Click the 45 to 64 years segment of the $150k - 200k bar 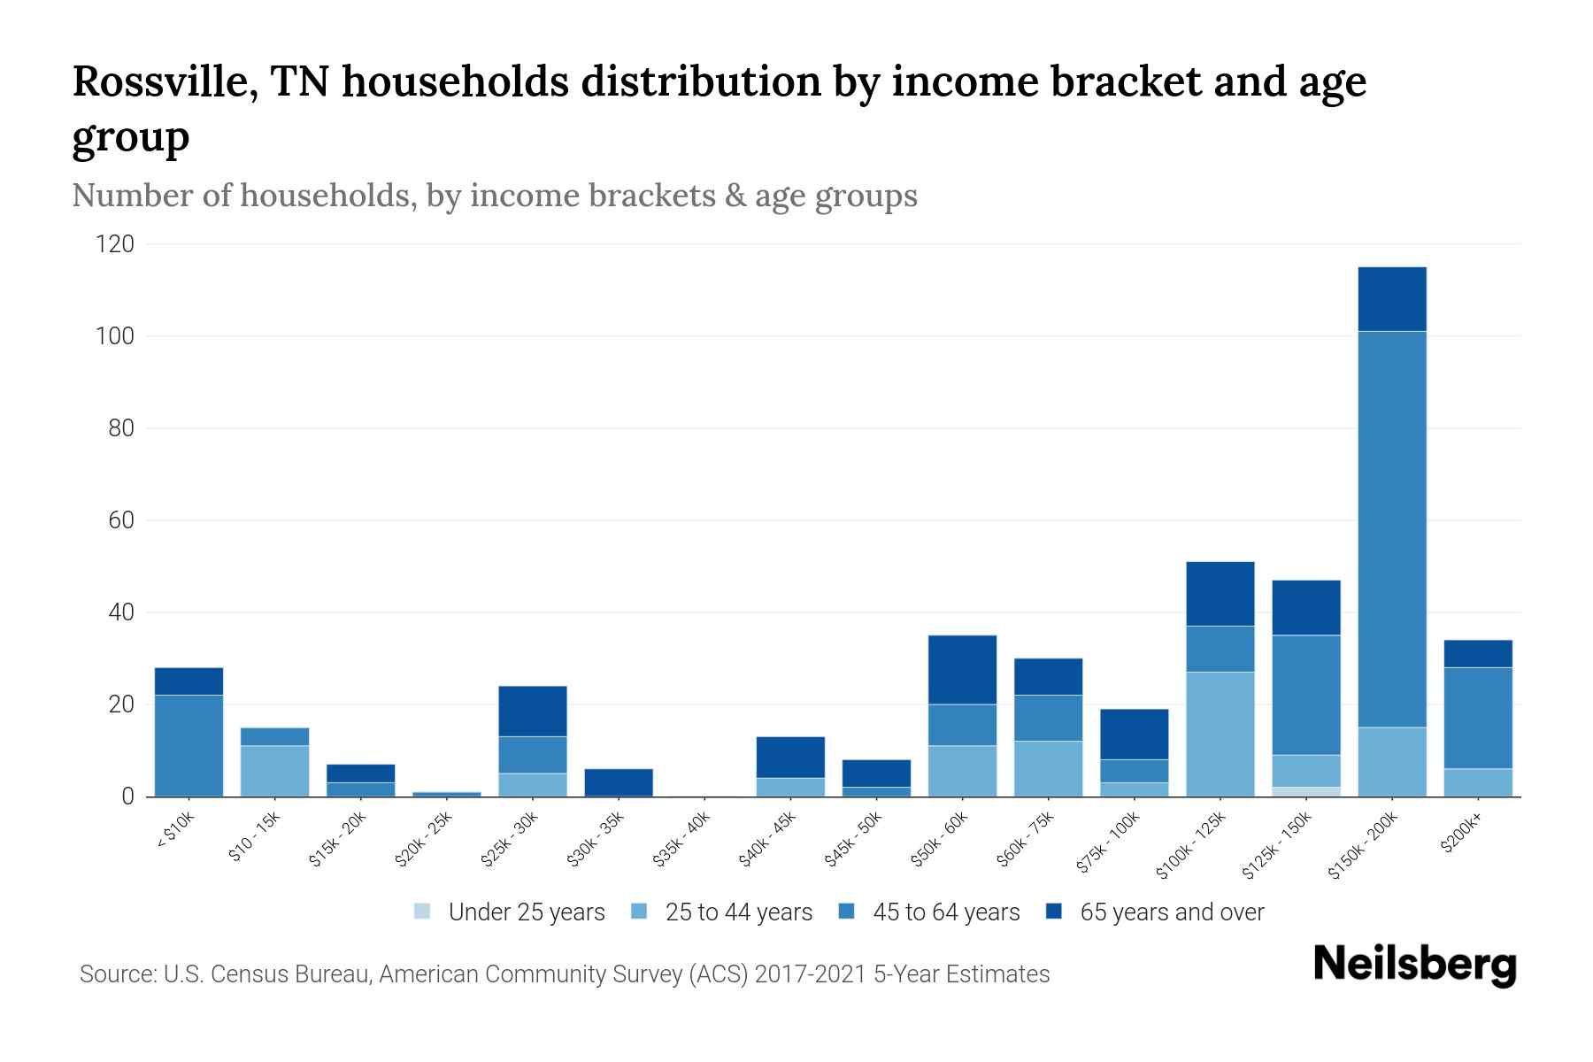point(1392,529)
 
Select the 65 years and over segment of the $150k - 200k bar point(1392,299)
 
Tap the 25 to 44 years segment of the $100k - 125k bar point(1220,735)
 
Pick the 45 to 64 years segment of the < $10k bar point(189,745)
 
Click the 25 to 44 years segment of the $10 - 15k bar point(274,771)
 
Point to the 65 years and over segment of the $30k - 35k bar point(619,782)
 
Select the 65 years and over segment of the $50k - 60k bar point(962,670)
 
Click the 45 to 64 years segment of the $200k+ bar point(1478,718)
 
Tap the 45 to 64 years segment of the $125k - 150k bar point(1306,695)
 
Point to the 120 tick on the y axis point(115,244)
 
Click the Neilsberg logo point(1414,965)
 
